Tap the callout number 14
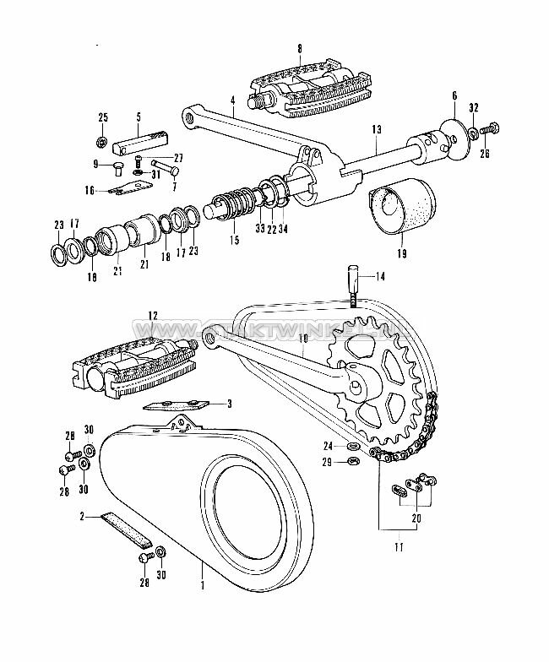pos(380,275)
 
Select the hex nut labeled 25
pos(101,140)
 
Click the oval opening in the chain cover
pos(251,507)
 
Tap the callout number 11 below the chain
pos(399,547)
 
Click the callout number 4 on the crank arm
pos(231,100)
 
